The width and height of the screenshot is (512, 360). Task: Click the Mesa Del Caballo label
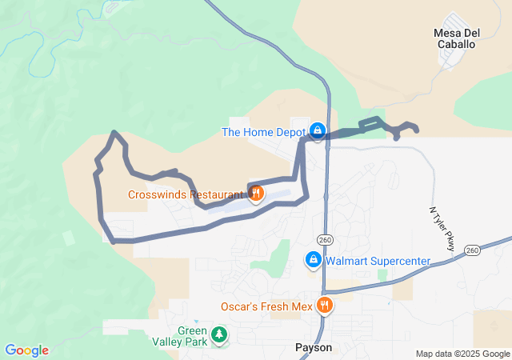click(454, 38)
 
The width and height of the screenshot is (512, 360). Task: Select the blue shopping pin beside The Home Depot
click(318, 130)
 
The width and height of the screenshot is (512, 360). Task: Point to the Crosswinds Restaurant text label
click(186, 194)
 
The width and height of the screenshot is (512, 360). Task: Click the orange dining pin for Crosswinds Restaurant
click(256, 194)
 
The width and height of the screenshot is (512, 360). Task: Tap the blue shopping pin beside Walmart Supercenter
click(313, 261)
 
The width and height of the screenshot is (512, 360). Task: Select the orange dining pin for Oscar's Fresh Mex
click(325, 305)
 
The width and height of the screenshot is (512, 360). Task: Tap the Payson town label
click(313, 348)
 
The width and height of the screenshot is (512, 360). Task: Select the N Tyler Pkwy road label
click(442, 230)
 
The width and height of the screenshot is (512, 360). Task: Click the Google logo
click(26, 350)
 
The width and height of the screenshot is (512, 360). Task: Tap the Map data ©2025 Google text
click(462, 354)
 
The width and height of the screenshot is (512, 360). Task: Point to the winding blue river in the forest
click(48, 56)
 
